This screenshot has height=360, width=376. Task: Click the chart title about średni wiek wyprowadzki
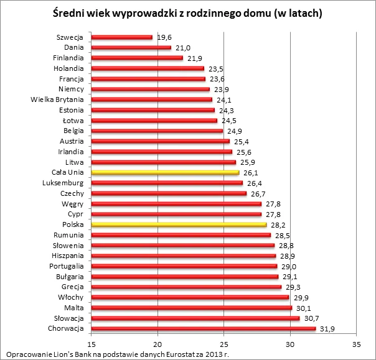188,13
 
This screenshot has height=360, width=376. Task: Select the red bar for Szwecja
122,37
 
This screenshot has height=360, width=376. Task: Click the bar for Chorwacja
204,328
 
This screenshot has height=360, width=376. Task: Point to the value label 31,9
328,329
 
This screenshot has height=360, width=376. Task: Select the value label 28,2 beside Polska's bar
279,225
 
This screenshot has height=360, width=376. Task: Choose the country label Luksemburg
64,183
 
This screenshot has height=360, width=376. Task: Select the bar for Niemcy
151,89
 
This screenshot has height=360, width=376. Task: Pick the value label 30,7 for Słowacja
312,318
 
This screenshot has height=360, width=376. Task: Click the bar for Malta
192,308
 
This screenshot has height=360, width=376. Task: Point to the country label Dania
74,47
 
